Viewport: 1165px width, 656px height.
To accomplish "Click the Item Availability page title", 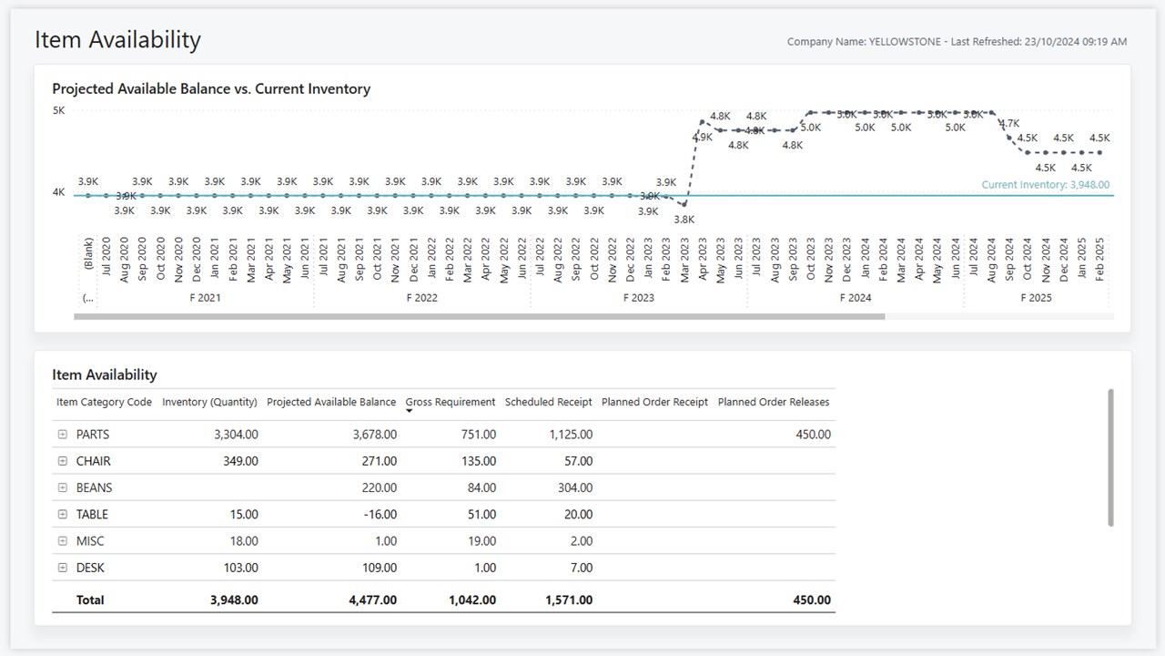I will point(117,40).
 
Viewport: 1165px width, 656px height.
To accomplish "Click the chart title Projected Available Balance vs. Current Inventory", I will point(211,89).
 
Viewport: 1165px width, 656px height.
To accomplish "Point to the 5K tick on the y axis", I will point(58,110).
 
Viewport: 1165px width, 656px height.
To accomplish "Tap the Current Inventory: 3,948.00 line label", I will point(1045,185).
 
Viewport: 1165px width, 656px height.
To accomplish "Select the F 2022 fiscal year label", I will point(422,298).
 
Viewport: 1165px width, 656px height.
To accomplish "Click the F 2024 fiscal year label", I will point(856,298).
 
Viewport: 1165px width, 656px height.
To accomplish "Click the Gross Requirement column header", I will point(451,402).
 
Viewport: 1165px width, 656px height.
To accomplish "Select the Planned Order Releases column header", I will point(774,402).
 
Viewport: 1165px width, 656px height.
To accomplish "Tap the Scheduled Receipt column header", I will point(549,402).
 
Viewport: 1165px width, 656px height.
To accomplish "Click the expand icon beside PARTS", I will point(63,435).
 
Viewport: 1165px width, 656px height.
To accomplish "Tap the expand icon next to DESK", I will point(63,568).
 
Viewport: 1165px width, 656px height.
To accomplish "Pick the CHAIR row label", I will point(94,461).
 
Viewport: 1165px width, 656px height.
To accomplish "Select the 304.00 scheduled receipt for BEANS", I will point(575,488).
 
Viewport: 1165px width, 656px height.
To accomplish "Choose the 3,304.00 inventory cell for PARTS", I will point(236,435).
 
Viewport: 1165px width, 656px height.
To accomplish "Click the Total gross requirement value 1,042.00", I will point(472,600).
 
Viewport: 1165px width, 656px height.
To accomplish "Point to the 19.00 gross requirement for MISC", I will point(481,541).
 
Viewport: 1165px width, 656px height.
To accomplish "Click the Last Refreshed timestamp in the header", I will point(1038,42).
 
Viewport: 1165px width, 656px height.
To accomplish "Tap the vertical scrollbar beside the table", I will point(1110,457).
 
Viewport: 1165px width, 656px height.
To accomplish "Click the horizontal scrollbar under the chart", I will point(479,317).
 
